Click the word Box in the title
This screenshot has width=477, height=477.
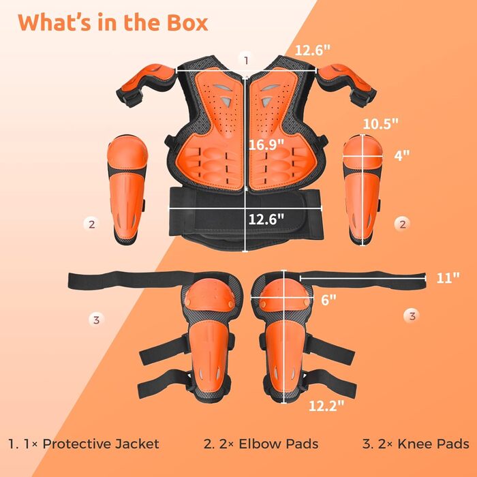187,22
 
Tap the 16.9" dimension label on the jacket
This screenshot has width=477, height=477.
266,144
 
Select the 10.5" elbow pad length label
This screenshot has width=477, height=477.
380,123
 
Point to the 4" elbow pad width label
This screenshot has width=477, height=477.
402,155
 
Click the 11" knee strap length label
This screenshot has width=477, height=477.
448,277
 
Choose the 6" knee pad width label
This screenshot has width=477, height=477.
328,300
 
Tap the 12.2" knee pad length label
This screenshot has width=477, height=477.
326,405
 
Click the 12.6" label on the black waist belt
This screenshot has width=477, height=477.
266,219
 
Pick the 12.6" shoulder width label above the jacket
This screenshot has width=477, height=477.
312,50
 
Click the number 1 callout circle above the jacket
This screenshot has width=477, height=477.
246,60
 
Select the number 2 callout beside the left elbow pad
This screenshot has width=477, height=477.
91,224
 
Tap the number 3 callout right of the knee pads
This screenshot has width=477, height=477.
412,316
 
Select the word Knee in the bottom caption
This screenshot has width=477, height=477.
415,444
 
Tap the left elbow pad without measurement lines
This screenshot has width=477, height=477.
127,189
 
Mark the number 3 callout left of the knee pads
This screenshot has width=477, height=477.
96,320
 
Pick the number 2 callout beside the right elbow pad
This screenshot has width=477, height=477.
403,224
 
